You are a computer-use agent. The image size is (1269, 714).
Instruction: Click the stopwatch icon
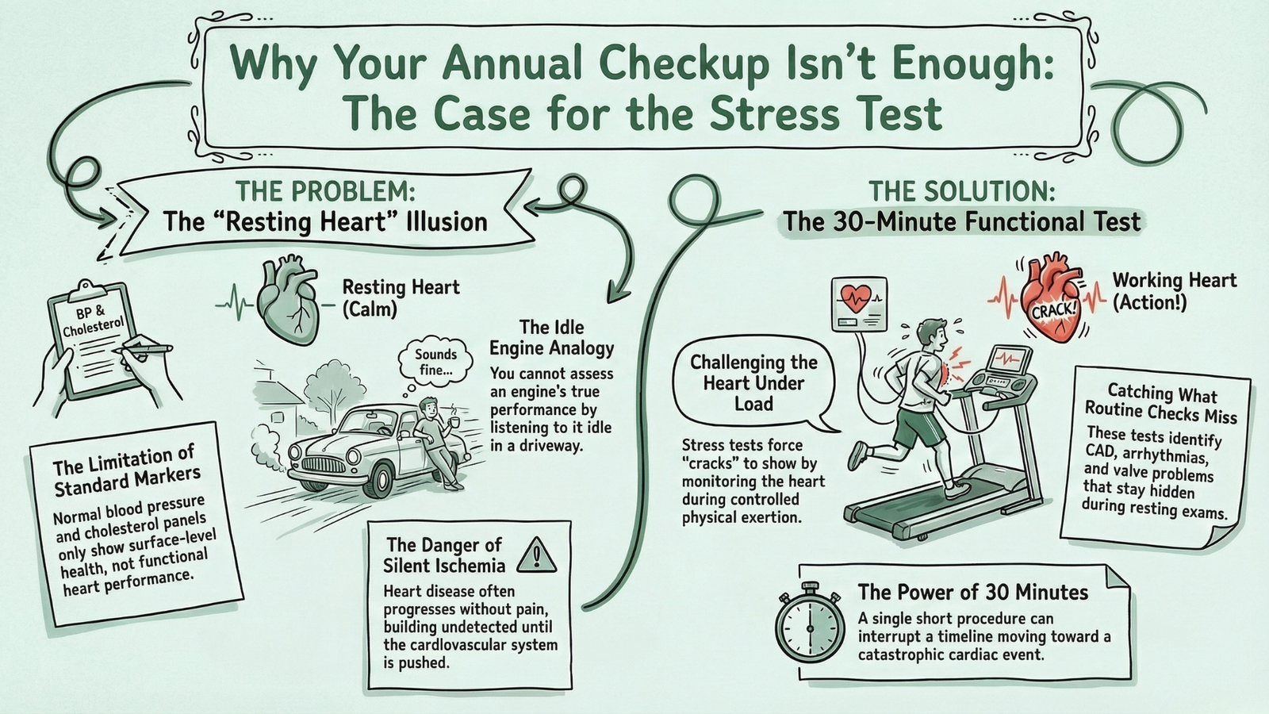tap(810, 628)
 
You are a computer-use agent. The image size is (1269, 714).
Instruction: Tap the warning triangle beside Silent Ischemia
tap(536, 555)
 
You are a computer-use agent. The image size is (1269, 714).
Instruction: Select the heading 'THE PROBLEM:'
tap(325, 191)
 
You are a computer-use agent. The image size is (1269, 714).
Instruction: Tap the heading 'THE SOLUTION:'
tap(961, 191)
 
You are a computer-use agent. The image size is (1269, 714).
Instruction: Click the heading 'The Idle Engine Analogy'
tap(551, 338)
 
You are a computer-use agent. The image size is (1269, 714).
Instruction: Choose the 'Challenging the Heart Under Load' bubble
tap(753, 383)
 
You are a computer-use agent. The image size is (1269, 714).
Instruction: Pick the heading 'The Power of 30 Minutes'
tap(972, 592)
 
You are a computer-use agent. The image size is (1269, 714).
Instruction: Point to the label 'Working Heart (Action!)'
tap(1174, 290)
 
